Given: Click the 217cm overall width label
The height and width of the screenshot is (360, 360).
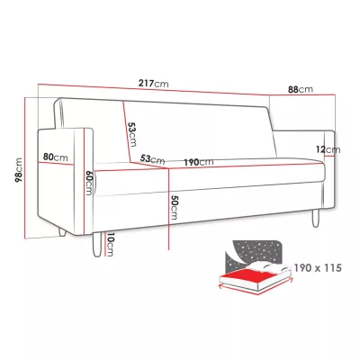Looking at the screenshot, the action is point(153,84).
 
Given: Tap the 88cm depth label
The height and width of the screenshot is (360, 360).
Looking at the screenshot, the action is point(301,89).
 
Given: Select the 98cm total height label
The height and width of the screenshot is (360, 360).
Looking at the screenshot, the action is point(19,170).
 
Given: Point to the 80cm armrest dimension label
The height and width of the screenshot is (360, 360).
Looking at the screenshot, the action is point(56,157).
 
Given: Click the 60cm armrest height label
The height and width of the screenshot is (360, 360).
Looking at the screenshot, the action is point(89,183).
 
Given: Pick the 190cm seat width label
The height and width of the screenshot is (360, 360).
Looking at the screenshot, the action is point(199,162).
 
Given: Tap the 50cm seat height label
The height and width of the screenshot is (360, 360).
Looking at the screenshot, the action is point(174,207).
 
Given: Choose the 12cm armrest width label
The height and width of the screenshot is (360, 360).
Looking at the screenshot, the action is point(328,149).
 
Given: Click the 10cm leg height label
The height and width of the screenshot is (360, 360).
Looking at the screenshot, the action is point(110,245).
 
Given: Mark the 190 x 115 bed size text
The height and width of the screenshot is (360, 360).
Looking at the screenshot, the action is point(318,267).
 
